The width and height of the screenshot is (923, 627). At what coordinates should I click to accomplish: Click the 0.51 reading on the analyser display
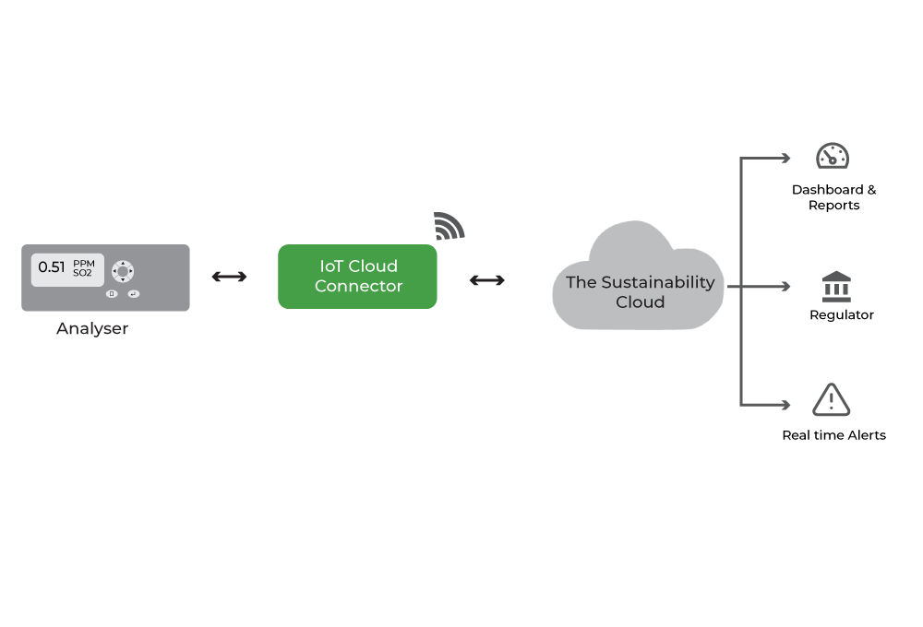pyautogui.click(x=51, y=267)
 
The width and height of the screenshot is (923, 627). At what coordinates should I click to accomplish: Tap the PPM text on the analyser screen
pyautogui.click(x=84, y=264)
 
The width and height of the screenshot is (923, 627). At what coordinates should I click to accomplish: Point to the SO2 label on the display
pyautogui.click(x=82, y=273)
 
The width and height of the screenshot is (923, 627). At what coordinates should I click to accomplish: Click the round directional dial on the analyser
pyautogui.click(x=123, y=271)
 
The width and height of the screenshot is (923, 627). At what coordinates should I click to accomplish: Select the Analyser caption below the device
pyautogui.click(x=92, y=328)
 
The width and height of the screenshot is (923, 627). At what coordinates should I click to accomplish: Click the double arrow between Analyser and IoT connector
pyautogui.click(x=229, y=277)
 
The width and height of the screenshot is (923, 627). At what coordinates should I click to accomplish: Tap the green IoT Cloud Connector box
pyautogui.click(x=357, y=277)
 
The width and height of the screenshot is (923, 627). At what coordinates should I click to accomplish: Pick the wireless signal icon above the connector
pyautogui.click(x=449, y=227)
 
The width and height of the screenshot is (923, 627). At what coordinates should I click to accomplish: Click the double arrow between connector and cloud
pyautogui.click(x=486, y=280)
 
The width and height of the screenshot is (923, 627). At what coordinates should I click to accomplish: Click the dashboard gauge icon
pyautogui.click(x=833, y=156)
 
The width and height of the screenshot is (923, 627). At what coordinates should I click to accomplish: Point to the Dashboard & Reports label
pyautogui.click(x=834, y=197)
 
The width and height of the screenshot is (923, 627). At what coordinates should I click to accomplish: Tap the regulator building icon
pyautogui.click(x=836, y=287)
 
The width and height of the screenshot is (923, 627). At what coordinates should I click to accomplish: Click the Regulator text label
pyautogui.click(x=842, y=314)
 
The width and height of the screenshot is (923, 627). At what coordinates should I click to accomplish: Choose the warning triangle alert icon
pyautogui.click(x=832, y=400)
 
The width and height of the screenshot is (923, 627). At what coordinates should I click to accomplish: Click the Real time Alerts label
pyautogui.click(x=834, y=435)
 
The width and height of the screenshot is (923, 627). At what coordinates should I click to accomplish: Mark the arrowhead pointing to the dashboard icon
pyautogui.click(x=785, y=159)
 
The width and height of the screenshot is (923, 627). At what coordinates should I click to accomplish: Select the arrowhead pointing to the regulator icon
pyautogui.click(x=785, y=287)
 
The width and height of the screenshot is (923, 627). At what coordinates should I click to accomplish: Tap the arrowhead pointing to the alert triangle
pyautogui.click(x=785, y=405)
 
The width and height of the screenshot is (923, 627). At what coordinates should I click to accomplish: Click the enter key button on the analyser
pyautogui.click(x=134, y=294)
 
